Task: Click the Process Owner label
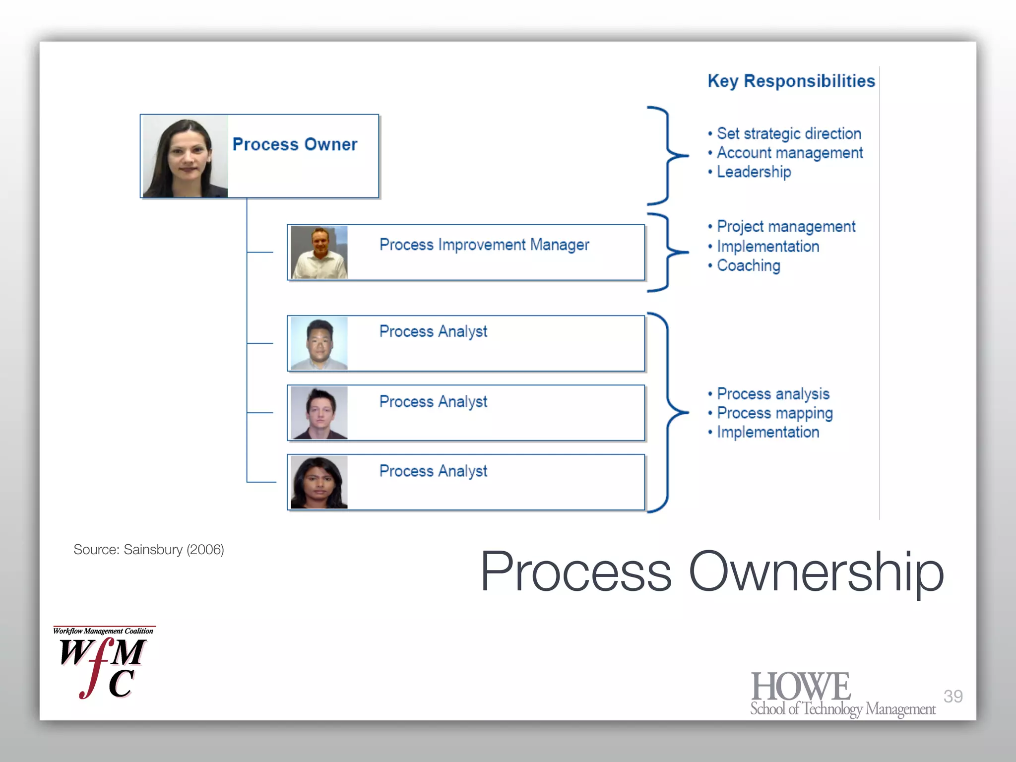[295, 144]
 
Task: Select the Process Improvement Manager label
[484, 245]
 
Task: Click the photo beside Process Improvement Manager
[319, 252]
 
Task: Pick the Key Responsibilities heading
[791, 81]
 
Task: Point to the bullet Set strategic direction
[788, 133]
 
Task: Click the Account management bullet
[789, 153]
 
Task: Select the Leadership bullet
[754, 172]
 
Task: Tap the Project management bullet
[786, 227]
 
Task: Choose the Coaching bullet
[748, 265]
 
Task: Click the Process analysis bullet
[773, 394]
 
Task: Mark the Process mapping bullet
[774, 413]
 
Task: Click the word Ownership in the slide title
[816, 571]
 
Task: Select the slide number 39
[952, 697]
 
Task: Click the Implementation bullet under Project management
[767, 247]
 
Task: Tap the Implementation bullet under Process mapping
[767, 432]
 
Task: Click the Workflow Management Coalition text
[103, 631]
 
